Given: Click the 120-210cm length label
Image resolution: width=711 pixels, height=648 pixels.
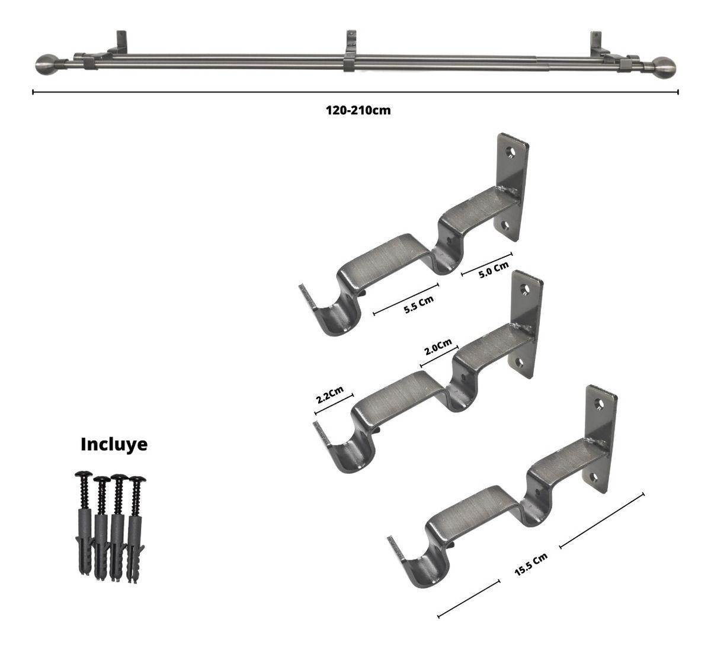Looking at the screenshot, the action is [358, 111].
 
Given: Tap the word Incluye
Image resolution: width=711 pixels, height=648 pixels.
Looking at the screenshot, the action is [114, 444].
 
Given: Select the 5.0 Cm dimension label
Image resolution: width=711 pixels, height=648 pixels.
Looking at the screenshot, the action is [494, 270].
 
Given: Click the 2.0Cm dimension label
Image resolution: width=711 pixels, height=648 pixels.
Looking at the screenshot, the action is [438, 347].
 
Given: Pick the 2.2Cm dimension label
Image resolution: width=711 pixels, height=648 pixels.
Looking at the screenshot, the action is [330, 394].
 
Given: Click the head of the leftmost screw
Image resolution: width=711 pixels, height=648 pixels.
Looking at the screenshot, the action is [84, 474].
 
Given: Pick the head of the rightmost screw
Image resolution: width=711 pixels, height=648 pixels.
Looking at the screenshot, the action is [137, 480].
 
